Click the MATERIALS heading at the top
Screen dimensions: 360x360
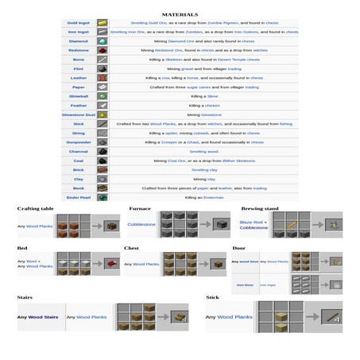pos(180,14)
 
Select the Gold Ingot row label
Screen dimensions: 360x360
pos(78,23)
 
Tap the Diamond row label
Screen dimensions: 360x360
pos(78,41)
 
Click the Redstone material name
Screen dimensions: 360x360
pos(78,50)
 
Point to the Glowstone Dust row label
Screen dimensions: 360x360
pos(78,114)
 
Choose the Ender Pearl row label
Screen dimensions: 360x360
pos(78,197)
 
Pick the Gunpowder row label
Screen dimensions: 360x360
pos(78,142)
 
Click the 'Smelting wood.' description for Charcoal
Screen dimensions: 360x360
pos(203,151)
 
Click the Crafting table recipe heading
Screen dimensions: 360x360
pos(36,208)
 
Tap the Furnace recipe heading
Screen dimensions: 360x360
pos(140,208)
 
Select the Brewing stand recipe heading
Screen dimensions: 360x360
pos(259,208)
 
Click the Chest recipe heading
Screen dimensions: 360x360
pos(131,248)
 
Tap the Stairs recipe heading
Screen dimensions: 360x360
pos(25,296)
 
